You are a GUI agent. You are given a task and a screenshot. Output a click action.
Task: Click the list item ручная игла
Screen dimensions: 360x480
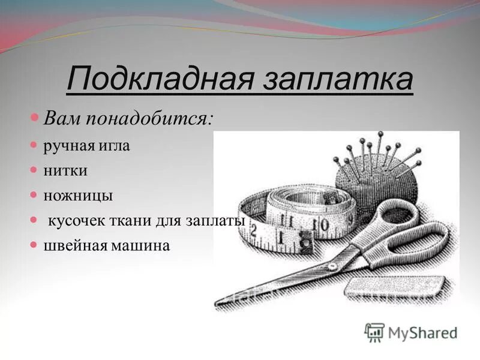(x=86, y=146)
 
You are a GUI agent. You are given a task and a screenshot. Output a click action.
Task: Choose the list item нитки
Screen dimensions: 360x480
(x=65, y=171)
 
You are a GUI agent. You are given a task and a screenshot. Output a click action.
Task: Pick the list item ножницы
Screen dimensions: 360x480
(x=77, y=196)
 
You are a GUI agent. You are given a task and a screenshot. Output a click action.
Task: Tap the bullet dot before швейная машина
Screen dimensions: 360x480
(x=34, y=245)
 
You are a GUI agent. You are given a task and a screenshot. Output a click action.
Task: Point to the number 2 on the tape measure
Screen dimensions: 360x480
(x=254, y=230)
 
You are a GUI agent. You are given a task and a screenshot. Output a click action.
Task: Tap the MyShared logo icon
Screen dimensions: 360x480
(x=374, y=332)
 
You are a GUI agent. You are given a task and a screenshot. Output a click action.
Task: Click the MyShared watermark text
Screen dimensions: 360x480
(x=422, y=332)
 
